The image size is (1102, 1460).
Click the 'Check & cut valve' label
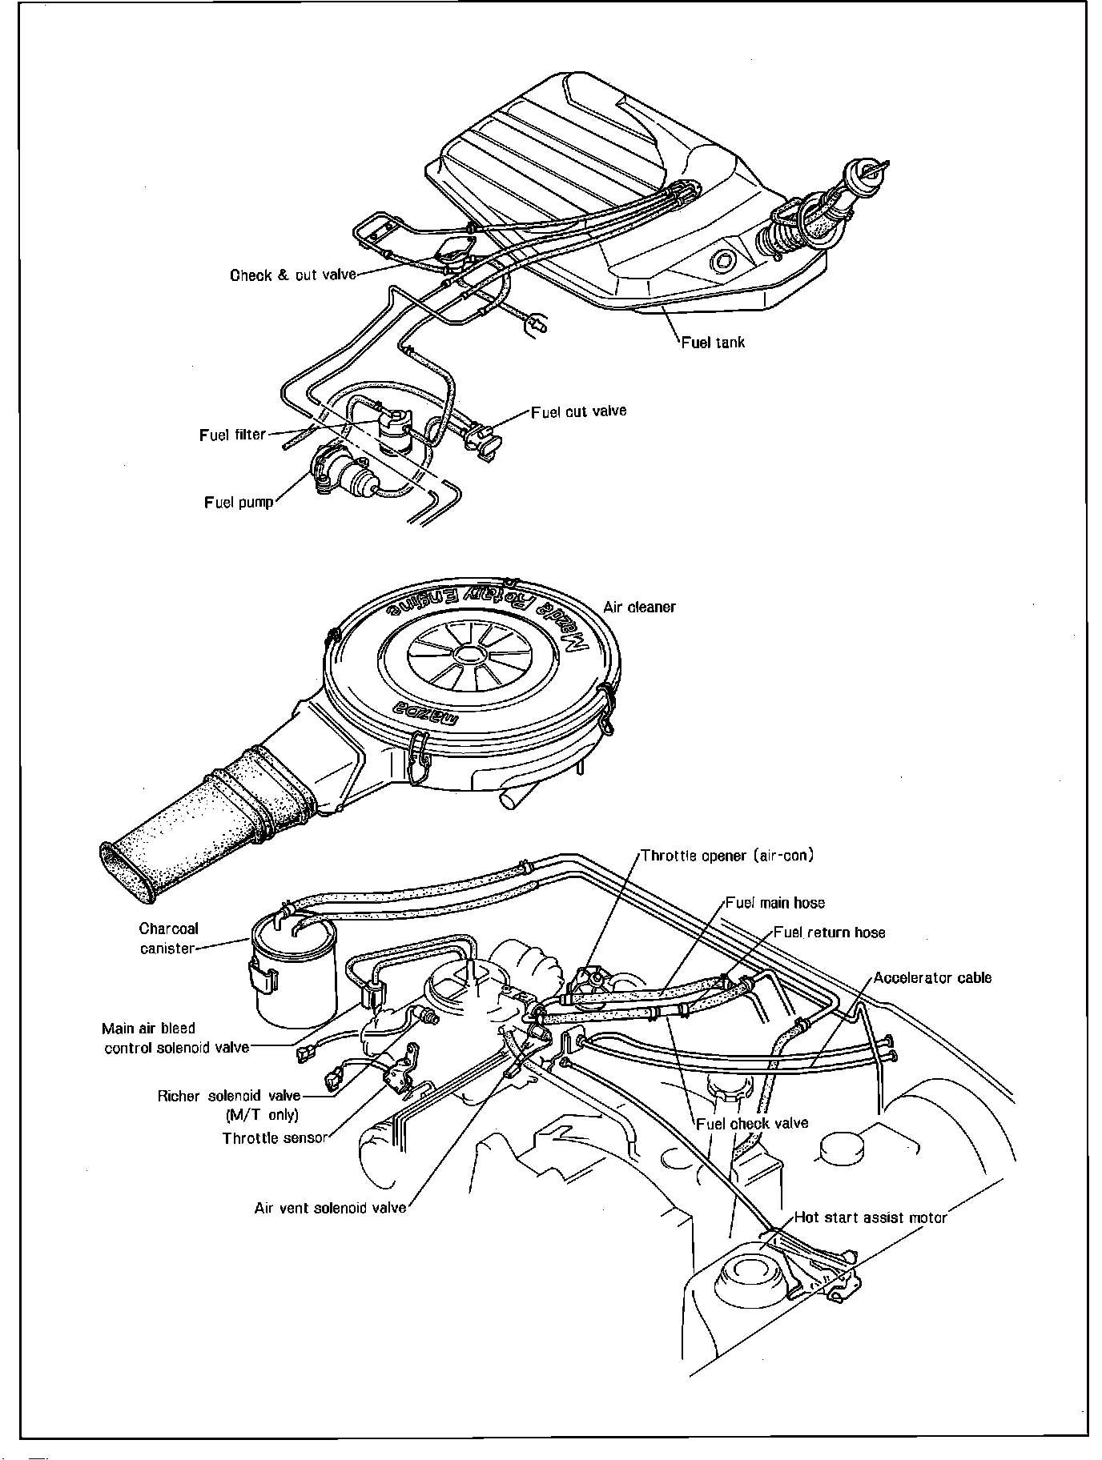pos(292,275)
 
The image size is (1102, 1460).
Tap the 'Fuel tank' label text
pos(713,343)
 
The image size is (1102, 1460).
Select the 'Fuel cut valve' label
pos(578,411)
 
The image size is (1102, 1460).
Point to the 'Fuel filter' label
pos(232,435)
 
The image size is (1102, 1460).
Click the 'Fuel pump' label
pos(239,503)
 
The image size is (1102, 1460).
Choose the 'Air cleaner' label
pos(639,607)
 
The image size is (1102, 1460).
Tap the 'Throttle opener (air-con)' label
pos(727,856)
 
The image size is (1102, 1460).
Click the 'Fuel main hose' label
pos(774,903)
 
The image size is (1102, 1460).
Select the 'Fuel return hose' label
pos(829,933)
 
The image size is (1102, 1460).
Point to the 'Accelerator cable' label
pos(932,977)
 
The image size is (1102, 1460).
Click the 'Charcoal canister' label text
pos(168,938)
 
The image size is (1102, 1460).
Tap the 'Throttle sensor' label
pos(275,1138)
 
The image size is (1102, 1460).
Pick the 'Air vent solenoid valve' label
pos(330,1208)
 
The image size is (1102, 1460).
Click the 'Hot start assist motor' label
pos(870,1217)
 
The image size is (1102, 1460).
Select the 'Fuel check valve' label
pos(752,1123)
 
